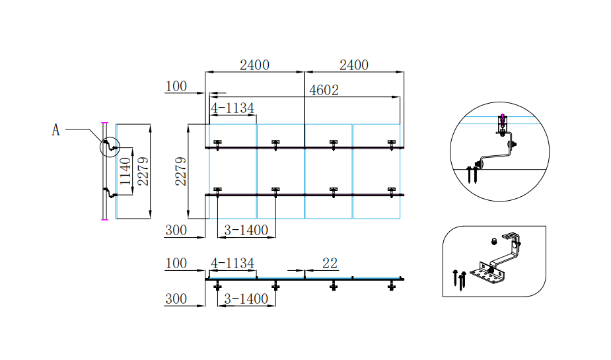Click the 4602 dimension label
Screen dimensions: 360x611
[324, 90]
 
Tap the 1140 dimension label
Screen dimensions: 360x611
[125, 171]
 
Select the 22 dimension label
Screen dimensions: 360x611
[330, 264]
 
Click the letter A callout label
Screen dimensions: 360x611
[56, 130]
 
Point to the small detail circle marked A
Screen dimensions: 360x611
[110, 146]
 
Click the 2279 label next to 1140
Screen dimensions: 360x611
[142, 171]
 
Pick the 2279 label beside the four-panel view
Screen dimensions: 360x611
[180, 171]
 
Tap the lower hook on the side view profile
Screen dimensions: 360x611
[110, 194]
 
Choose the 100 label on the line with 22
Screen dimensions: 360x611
[176, 264]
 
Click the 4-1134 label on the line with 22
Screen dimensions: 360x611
[233, 264]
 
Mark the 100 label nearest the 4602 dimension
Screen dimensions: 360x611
[176, 87]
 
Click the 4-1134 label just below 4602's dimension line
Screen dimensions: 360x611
[233, 108]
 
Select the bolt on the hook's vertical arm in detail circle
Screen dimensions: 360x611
[514, 143]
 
